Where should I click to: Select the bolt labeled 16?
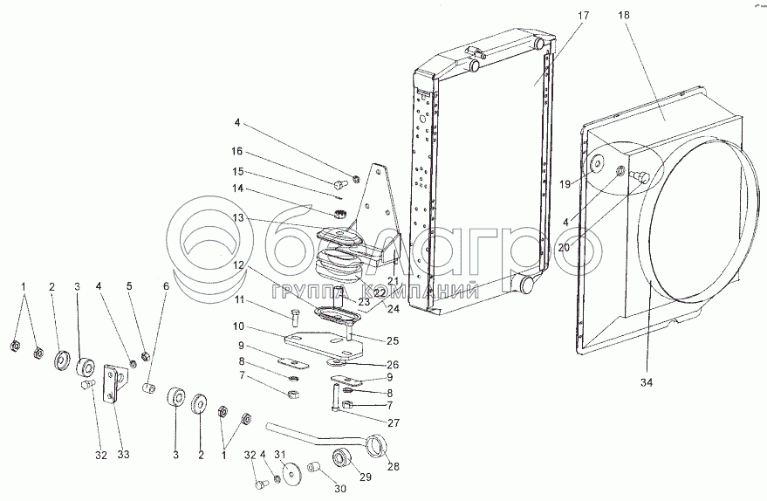[340, 183]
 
